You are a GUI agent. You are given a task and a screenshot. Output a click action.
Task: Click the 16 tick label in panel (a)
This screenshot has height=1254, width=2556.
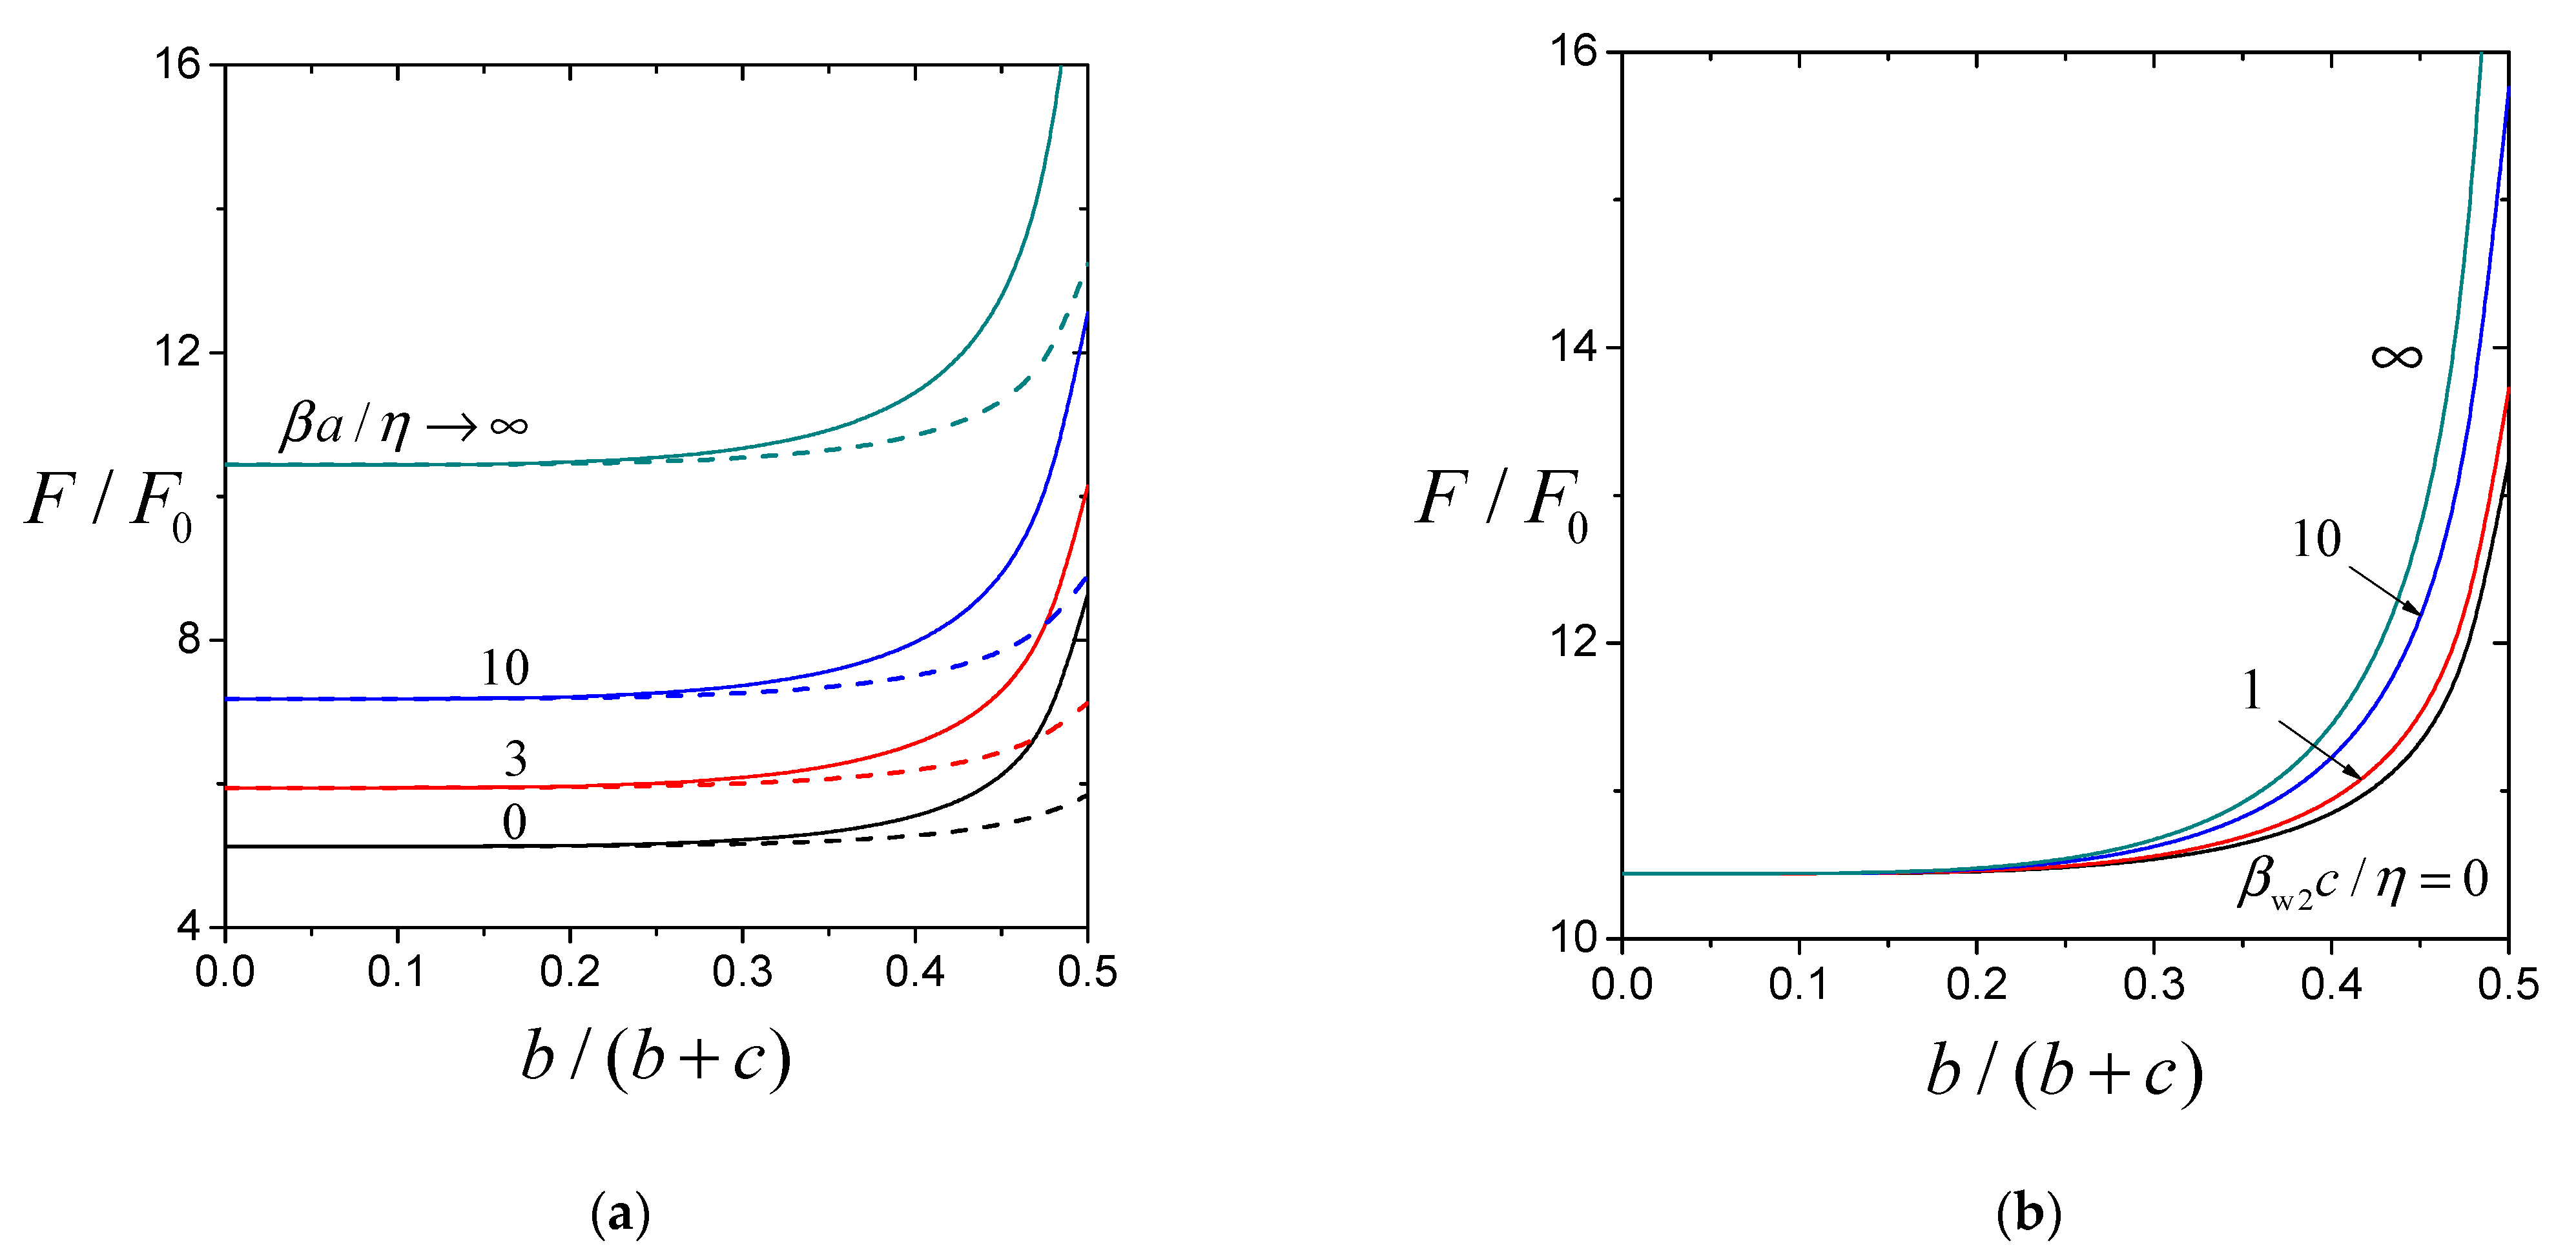click(176, 65)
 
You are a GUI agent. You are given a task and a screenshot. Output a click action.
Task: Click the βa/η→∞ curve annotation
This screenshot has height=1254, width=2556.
click(404, 425)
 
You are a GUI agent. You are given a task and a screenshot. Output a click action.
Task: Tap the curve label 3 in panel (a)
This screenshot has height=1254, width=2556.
click(515, 759)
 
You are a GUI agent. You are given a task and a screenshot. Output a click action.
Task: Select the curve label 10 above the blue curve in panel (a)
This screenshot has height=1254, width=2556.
click(505, 668)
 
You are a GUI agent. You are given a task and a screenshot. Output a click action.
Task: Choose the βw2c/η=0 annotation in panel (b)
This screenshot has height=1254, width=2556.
click(2362, 880)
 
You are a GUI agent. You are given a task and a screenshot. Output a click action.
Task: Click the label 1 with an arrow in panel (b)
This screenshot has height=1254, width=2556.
click(2252, 690)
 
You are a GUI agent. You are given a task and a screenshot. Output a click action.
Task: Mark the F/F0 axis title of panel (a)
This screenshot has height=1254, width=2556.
click(109, 501)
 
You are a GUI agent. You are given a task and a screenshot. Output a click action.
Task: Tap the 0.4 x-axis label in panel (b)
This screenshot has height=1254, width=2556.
click(2331, 984)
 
